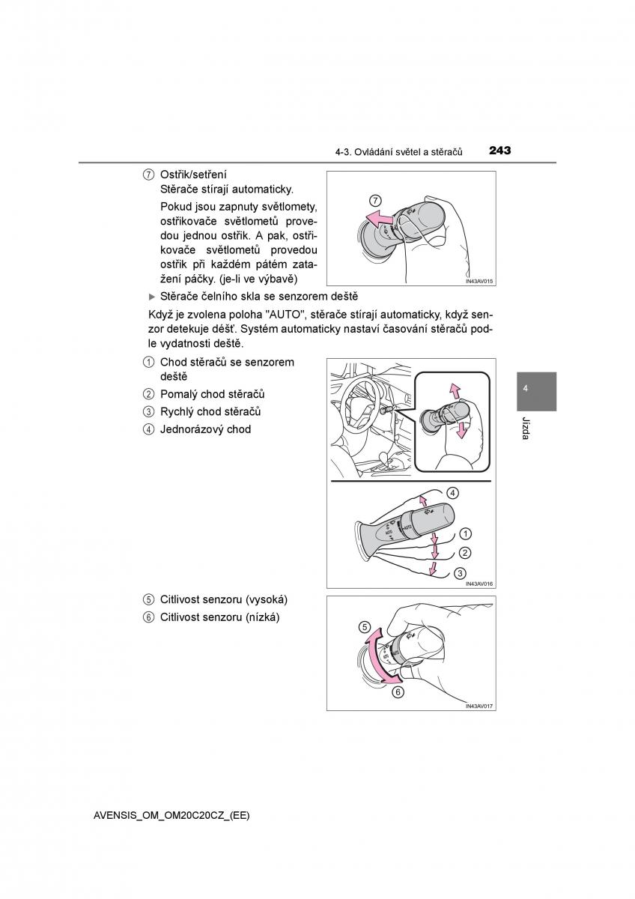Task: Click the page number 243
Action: click(499, 151)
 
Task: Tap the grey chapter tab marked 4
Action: click(536, 390)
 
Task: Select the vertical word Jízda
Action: click(526, 428)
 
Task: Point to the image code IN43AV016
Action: click(480, 584)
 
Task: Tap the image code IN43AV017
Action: click(480, 706)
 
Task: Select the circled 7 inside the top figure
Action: click(376, 200)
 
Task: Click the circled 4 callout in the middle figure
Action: click(452, 493)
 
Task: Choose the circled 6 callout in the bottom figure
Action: click(398, 692)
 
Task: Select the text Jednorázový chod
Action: click(205, 429)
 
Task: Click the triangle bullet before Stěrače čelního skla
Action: click(153, 297)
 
